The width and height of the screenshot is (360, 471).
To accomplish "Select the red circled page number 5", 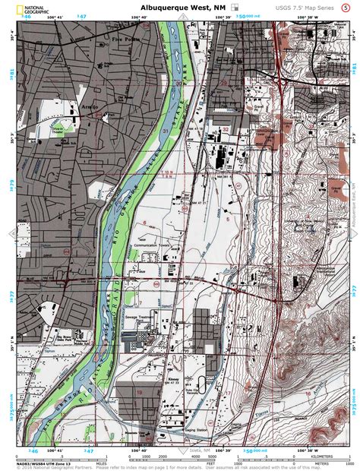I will click(346, 7).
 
